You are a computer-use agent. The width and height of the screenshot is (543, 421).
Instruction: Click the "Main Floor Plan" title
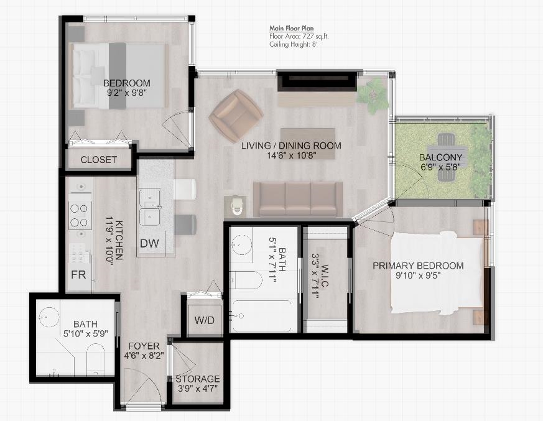click(x=292, y=29)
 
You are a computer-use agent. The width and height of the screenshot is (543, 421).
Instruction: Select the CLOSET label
click(x=99, y=160)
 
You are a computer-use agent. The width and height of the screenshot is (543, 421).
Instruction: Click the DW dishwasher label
click(x=149, y=243)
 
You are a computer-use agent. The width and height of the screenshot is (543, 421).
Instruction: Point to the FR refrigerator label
click(x=78, y=275)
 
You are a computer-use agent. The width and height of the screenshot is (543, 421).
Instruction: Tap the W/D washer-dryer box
click(x=205, y=320)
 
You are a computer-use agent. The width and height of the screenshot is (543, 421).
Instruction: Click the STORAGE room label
click(x=198, y=379)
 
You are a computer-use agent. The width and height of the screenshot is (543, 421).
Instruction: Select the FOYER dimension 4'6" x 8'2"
click(x=144, y=356)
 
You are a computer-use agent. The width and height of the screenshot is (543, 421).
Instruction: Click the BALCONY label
click(x=440, y=157)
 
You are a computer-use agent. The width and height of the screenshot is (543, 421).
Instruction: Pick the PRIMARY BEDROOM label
click(x=418, y=266)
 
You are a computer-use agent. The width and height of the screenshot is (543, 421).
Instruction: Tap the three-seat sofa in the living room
click(x=298, y=200)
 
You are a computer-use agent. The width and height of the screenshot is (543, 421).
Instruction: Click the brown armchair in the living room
click(x=236, y=115)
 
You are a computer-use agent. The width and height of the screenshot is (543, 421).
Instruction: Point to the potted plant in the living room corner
click(x=373, y=94)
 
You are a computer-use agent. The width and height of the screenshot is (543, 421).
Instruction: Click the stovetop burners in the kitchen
click(x=80, y=215)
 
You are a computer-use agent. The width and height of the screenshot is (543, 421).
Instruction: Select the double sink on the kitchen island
click(x=150, y=207)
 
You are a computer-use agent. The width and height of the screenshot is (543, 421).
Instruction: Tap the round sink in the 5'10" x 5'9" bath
click(x=49, y=317)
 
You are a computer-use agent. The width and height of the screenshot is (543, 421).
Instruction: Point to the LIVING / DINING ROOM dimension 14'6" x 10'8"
click(x=292, y=155)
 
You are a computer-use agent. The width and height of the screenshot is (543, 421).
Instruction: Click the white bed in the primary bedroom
click(x=437, y=273)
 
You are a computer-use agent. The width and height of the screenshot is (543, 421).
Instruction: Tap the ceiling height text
click(x=294, y=44)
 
